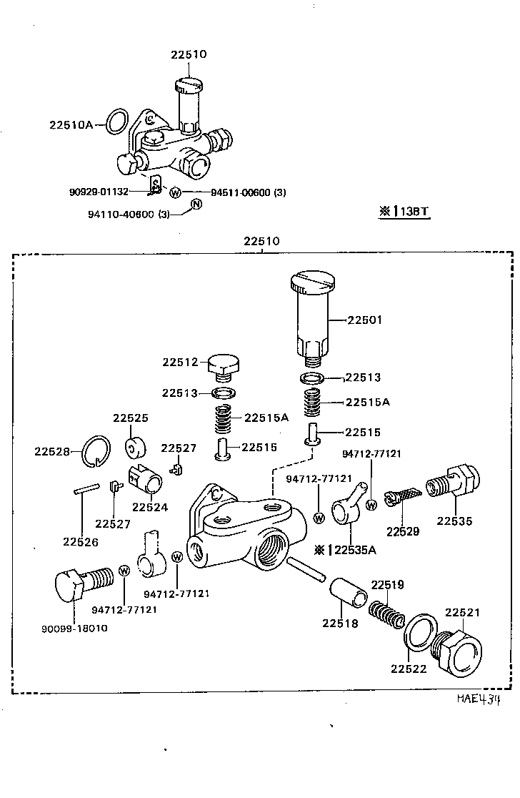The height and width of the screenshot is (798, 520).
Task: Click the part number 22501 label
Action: (364, 320)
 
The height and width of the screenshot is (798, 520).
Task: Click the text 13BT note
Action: (405, 212)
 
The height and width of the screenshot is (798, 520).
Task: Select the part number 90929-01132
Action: (99, 192)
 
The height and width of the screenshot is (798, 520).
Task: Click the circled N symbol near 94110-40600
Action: (196, 206)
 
